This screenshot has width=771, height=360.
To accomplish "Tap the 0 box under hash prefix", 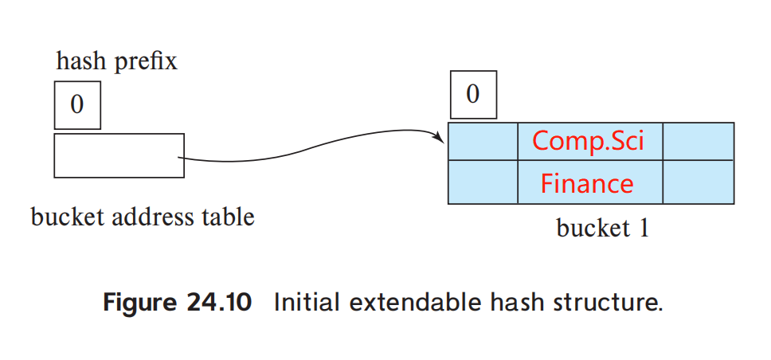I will click(77, 104).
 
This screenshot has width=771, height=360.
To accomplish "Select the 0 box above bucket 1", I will click(472, 94).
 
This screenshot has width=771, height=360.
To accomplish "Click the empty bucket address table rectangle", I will click(119, 155).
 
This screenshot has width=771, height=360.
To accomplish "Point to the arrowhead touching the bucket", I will click(440, 139).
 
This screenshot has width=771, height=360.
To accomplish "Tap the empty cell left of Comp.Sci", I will click(483, 141).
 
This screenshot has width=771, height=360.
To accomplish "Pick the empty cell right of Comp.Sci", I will click(698, 141).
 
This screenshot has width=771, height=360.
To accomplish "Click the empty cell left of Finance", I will click(483, 183).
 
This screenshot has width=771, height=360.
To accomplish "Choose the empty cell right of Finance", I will click(698, 183).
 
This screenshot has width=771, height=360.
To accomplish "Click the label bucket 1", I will click(603, 229).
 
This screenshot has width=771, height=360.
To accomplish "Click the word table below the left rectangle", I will click(231, 216).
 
